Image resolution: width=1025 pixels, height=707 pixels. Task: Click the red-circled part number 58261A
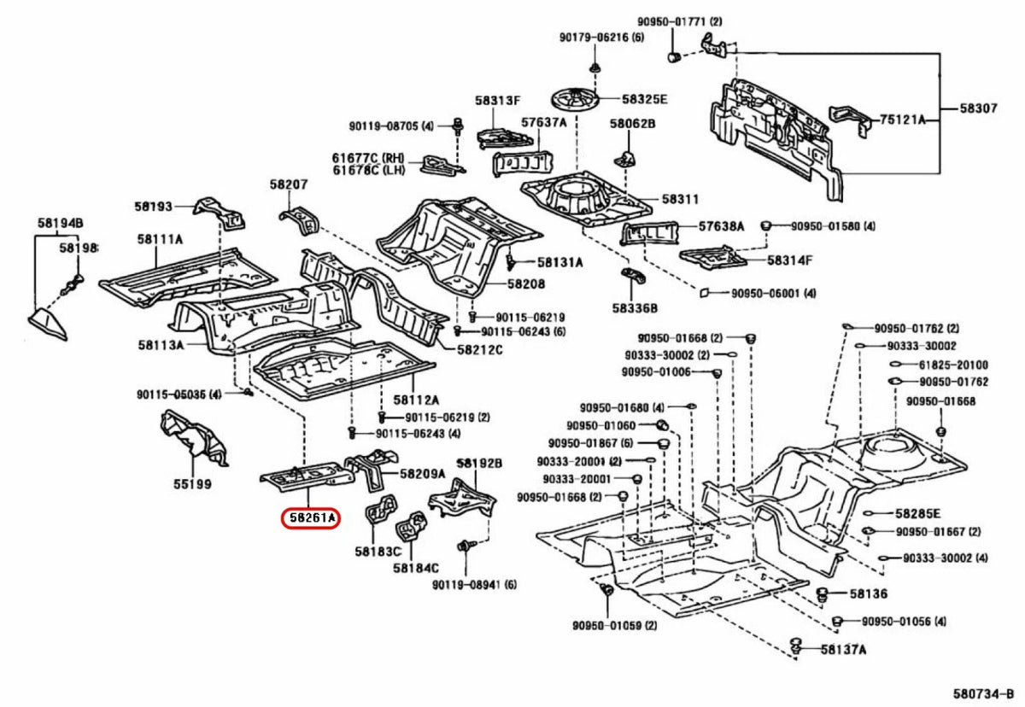click(311, 517)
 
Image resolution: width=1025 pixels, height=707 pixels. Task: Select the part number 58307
click(978, 108)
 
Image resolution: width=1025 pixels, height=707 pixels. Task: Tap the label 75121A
click(903, 120)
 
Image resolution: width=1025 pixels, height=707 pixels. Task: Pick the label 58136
click(868, 593)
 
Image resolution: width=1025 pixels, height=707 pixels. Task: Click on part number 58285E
click(917, 513)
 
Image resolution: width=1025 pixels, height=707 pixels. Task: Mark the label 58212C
click(479, 349)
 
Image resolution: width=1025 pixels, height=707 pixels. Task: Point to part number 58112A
click(416, 400)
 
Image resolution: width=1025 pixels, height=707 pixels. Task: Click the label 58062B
click(632, 124)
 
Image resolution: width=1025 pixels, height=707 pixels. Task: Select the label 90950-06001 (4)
click(773, 293)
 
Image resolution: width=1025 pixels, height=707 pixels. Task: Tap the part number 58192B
click(478, 463)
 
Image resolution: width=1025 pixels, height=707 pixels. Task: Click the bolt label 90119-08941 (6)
click(474, 585)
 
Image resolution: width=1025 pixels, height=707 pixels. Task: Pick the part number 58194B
click(60, 224)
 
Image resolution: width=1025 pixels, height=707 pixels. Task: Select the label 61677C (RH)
click(367, 157)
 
